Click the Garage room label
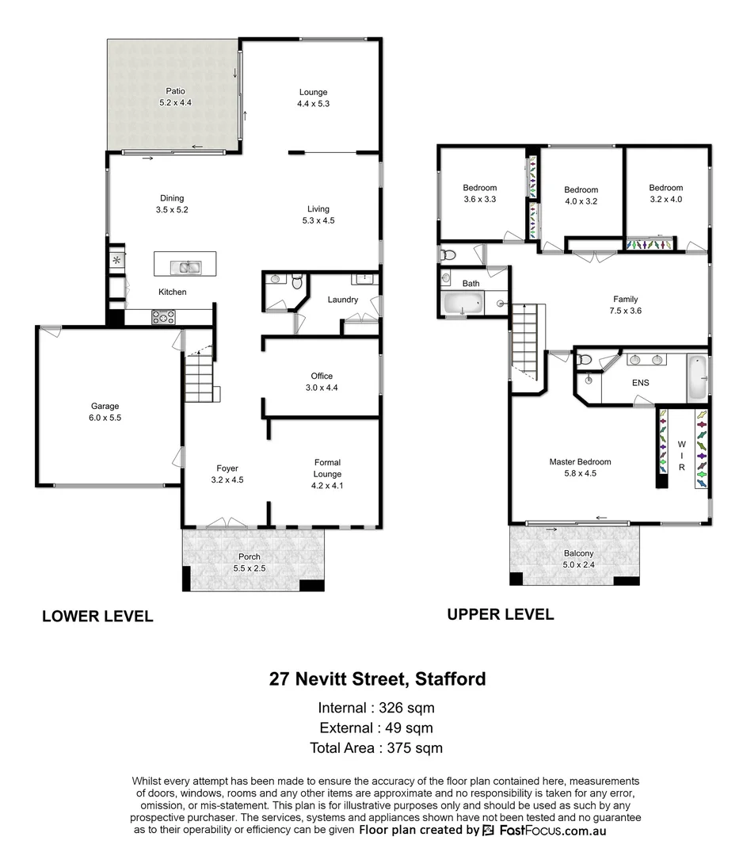105,406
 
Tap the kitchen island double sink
189,266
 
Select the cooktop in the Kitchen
164,318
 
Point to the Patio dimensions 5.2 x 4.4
175,103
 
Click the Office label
322,376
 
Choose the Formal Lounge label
327,468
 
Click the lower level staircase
200,380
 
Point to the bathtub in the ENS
698,377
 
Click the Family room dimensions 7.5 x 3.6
625,311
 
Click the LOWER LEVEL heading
97,616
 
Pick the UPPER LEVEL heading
500,614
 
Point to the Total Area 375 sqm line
376,747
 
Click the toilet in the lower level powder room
297,281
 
